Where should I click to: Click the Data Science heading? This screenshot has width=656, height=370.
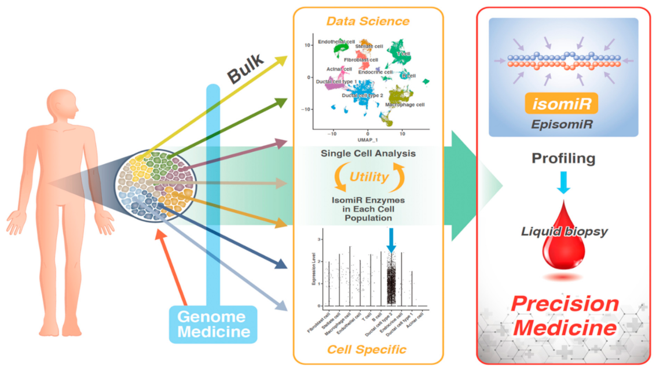pos(368,21)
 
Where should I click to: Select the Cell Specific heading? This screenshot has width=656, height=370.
pos(367,349)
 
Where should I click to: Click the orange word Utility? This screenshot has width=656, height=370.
pos(369,177)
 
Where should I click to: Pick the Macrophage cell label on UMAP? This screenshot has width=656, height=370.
pos(404,105)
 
